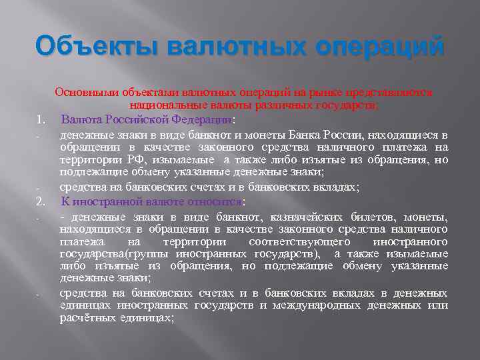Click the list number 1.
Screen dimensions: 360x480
click(x=41, y=120)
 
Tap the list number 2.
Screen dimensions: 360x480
click(x=41, y=201)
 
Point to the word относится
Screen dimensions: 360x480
click(x=217, y=201)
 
